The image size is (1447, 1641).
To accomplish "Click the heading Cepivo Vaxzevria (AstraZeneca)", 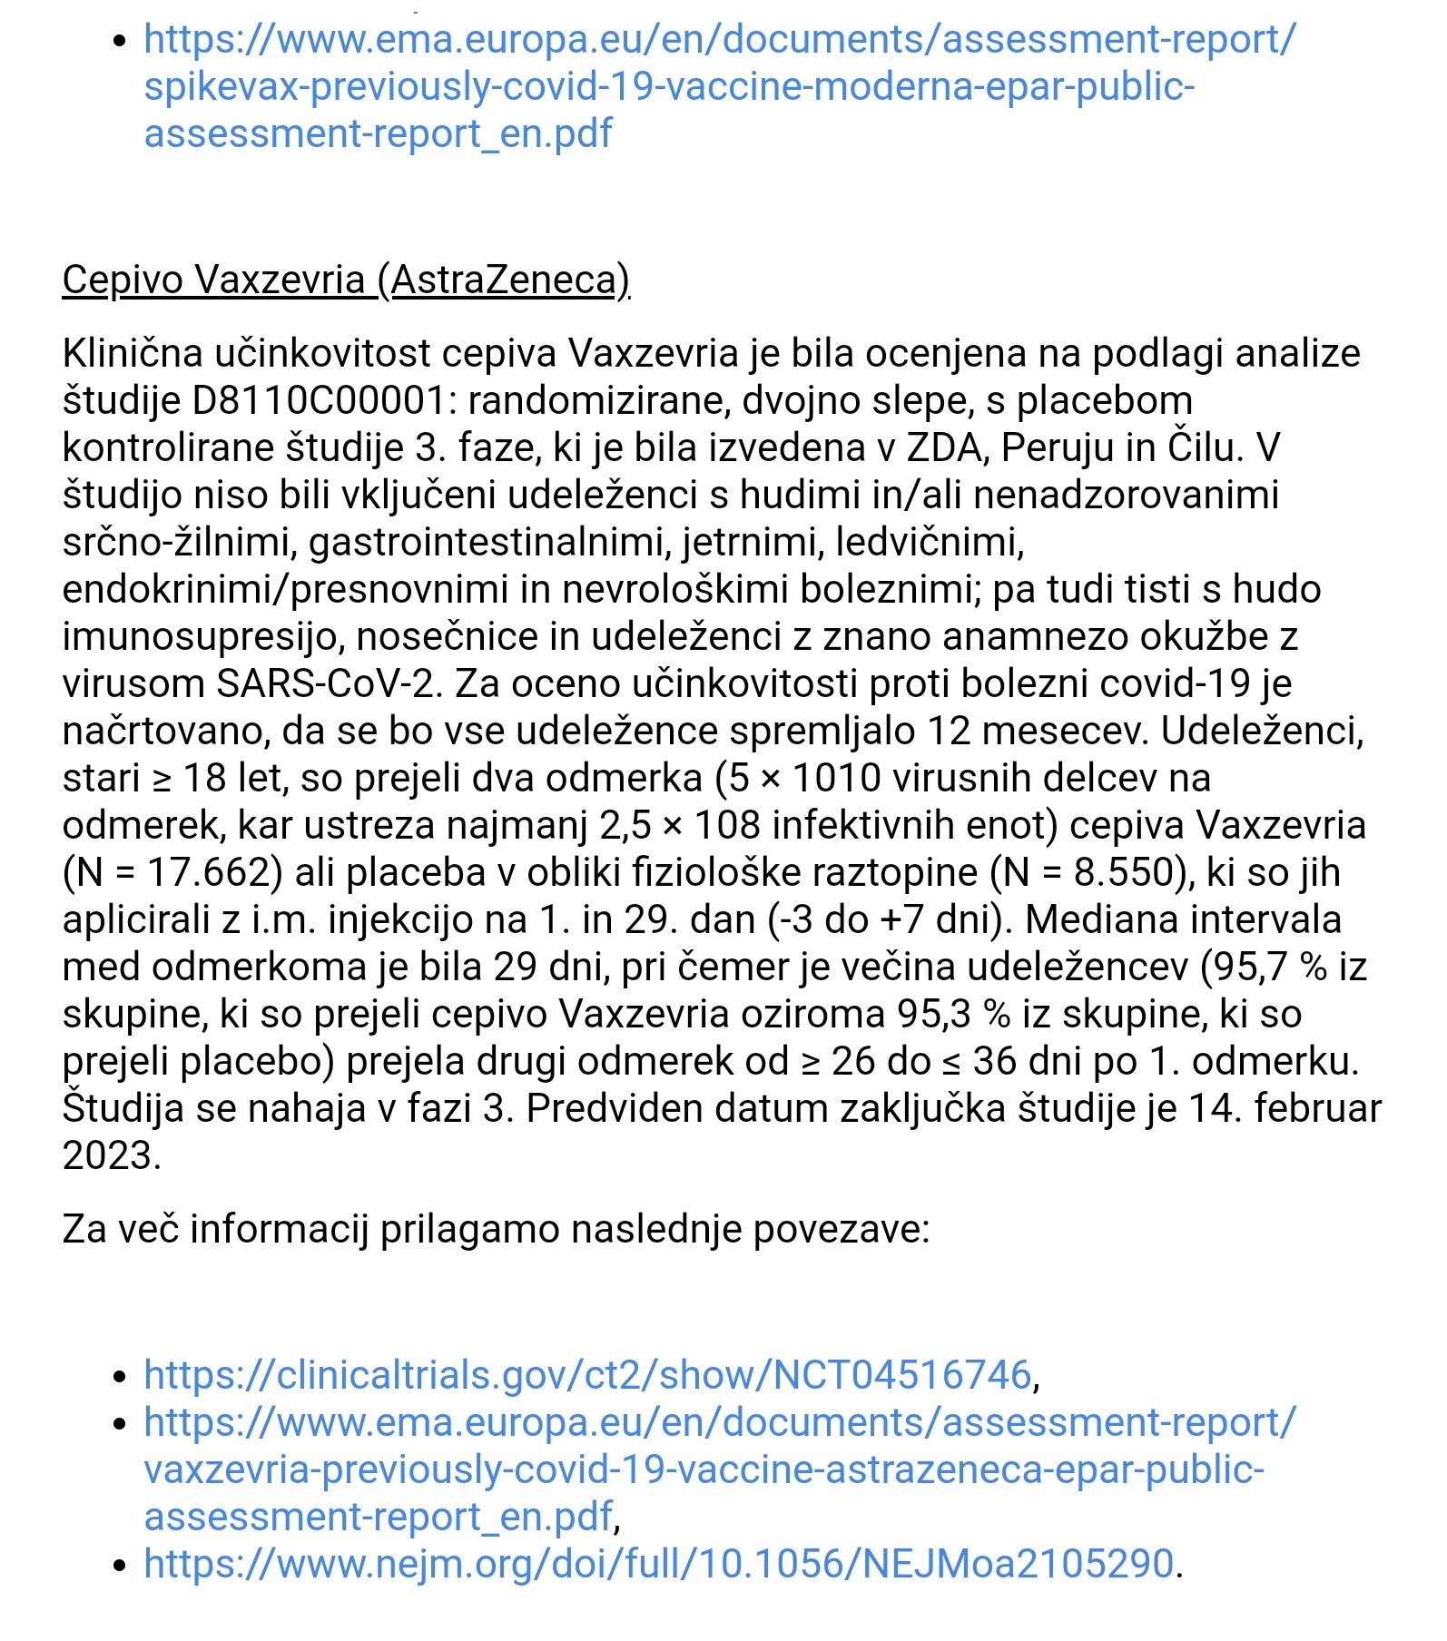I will point(346,280).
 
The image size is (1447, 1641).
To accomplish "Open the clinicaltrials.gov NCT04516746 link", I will point(587,1374).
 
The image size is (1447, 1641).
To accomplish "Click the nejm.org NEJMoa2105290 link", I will point(659,1563).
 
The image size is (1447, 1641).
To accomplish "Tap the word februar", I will point(1317,1108).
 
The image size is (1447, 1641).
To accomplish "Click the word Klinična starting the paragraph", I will point(132,353).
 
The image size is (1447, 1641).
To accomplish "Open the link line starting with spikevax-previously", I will point(669,86).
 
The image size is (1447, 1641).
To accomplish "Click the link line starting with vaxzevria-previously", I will point(704,1469).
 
